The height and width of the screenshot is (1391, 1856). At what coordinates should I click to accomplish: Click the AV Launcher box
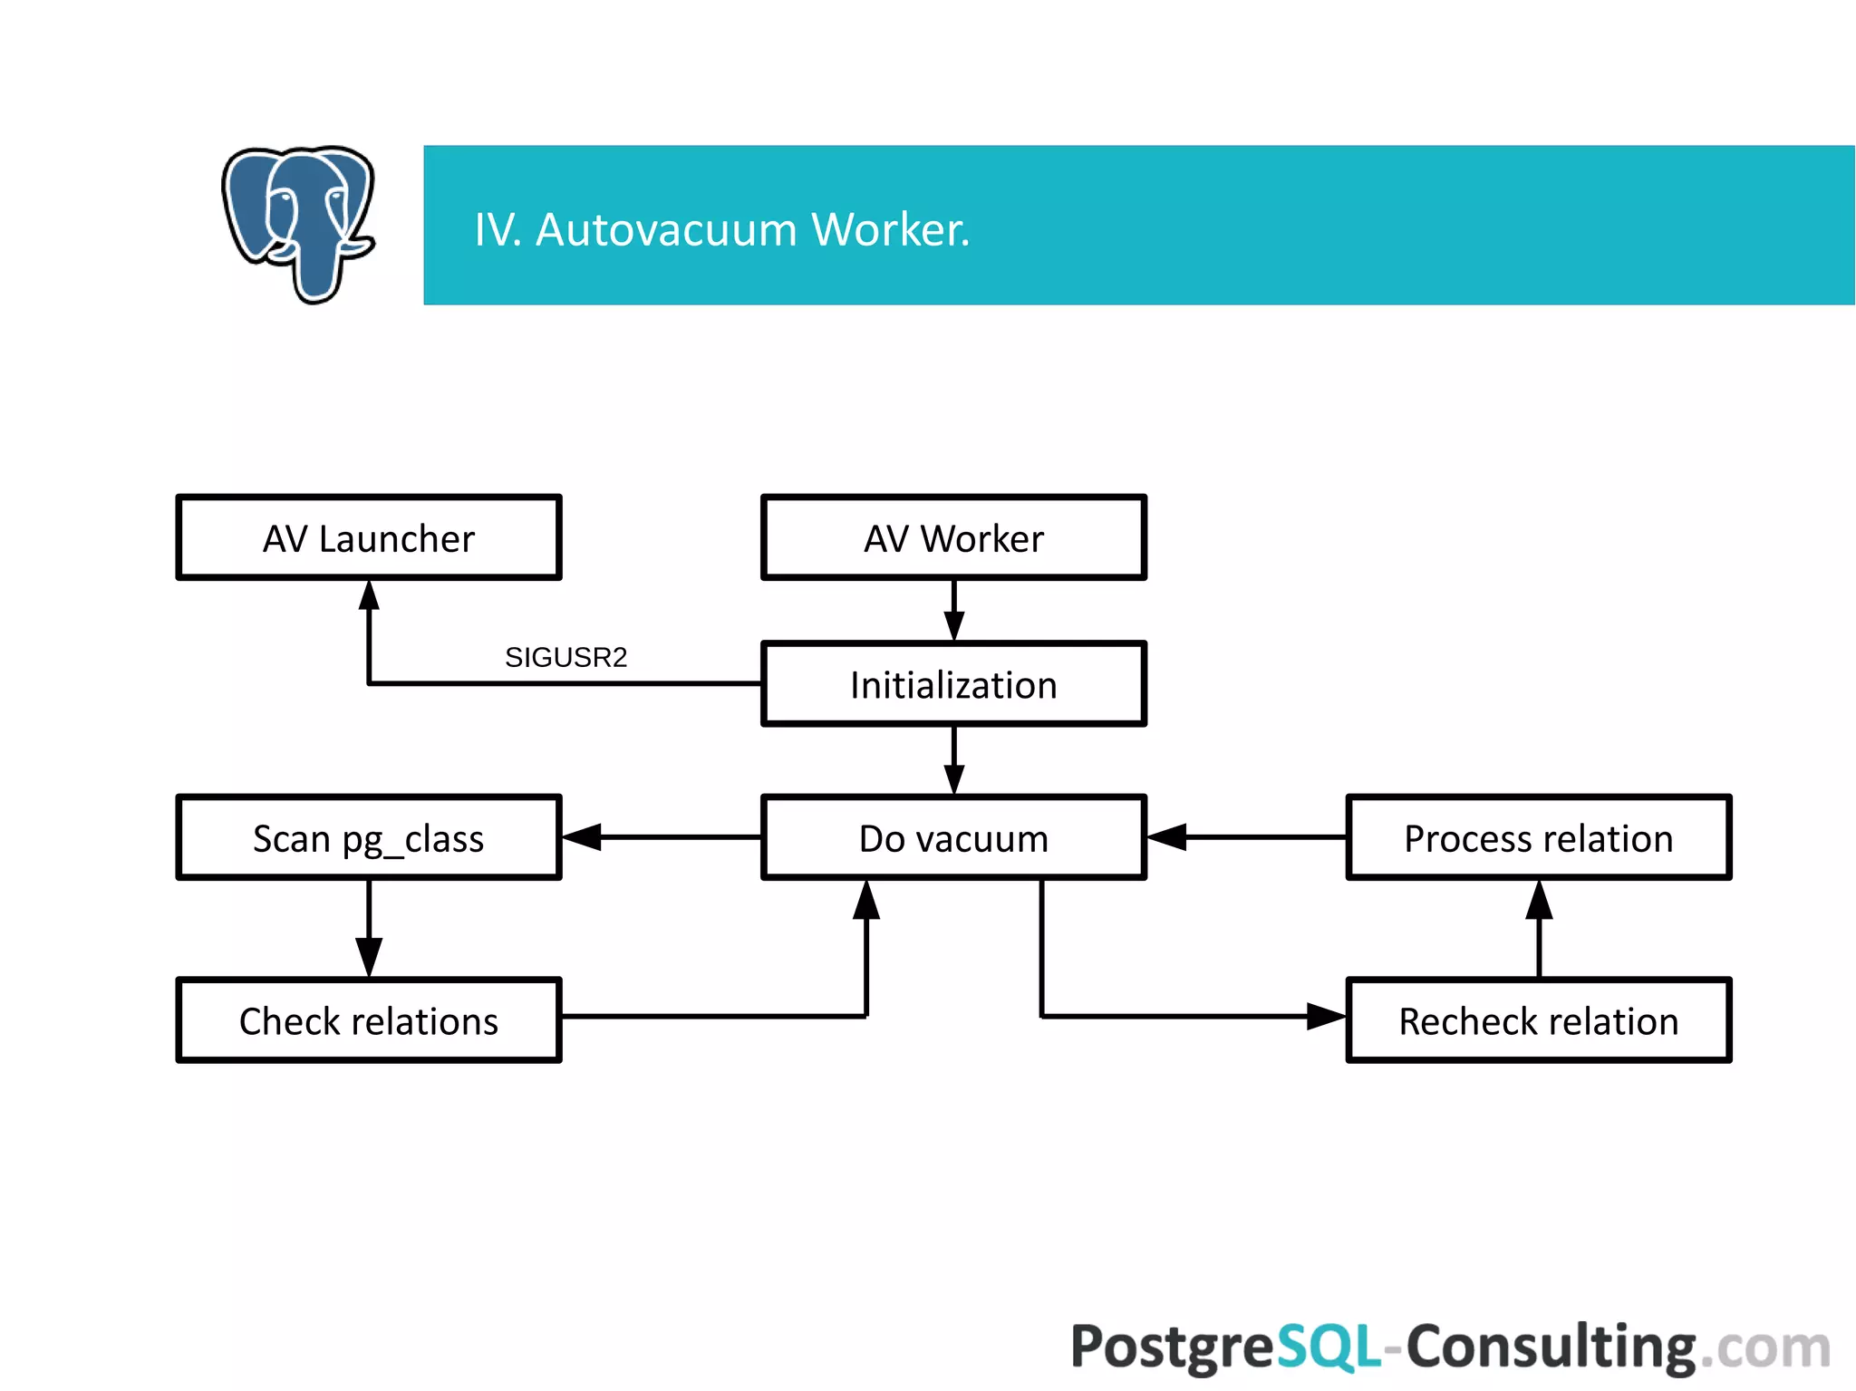coord(369,537)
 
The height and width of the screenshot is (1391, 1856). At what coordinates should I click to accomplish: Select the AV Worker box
coord(953,537)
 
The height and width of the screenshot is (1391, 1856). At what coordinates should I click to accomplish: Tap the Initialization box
coord(953,684)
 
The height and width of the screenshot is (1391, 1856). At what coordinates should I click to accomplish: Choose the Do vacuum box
coord(953,837)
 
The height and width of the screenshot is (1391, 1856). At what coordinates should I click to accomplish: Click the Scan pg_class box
coord(369,837)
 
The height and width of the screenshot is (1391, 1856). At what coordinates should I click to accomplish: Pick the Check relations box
coord(369,1020)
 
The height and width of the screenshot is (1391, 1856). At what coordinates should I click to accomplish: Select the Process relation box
coord(1538,837)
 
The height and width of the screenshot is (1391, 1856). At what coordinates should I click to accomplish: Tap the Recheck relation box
coord(1538,1020)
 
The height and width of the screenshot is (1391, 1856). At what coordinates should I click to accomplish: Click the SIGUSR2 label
coord(565,657)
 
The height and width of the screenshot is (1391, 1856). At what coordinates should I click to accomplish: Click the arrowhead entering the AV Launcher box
coord(369,595)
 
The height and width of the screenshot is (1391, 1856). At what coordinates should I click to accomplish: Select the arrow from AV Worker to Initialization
coord(953,611)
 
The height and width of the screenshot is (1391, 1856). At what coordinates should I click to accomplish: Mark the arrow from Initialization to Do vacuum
coord(953,761)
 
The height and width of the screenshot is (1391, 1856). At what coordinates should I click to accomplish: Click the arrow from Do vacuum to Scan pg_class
coord(662,837)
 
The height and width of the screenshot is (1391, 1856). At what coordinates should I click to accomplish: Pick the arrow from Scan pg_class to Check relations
coord(369,929)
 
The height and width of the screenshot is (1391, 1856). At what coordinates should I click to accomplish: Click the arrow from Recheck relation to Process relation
coord(1538,929)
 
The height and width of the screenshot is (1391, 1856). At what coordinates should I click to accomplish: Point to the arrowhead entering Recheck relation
coord(1325,1017)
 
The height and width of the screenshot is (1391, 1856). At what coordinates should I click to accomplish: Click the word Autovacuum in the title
coord(666,229)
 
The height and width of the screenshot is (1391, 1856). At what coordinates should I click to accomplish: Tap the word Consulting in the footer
coord(1551,1347)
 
